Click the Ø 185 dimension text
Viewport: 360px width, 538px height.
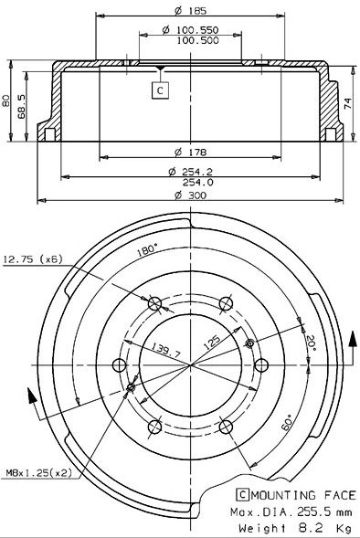[x=189, y=11]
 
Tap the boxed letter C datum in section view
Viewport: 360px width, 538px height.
[x=161, y=90]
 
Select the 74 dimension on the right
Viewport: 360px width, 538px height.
[x=349, y=103]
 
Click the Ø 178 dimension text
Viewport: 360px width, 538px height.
[x=189, y=151]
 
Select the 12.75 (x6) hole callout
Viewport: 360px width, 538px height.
[x=32, y=259]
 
